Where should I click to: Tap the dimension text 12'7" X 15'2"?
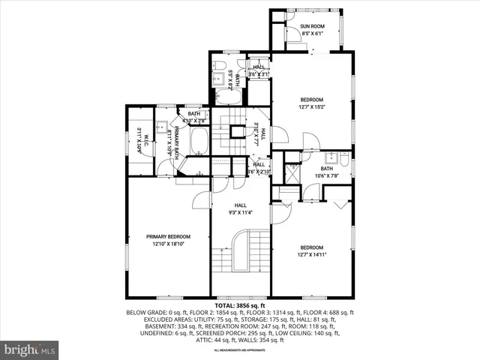coord(311,106)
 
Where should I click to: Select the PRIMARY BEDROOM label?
coord(168,236)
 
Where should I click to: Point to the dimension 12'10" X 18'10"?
coord(168,244)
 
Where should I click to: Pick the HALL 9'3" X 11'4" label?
coord(240,208)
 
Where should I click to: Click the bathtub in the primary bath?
coord(199,141)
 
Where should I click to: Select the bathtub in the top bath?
coord(229,97)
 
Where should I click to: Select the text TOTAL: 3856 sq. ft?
coord(240,306)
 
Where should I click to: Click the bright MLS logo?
coord(30,349)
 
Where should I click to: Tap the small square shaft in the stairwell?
coord(238,132)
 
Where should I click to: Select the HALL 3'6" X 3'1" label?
coord(259,70)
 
